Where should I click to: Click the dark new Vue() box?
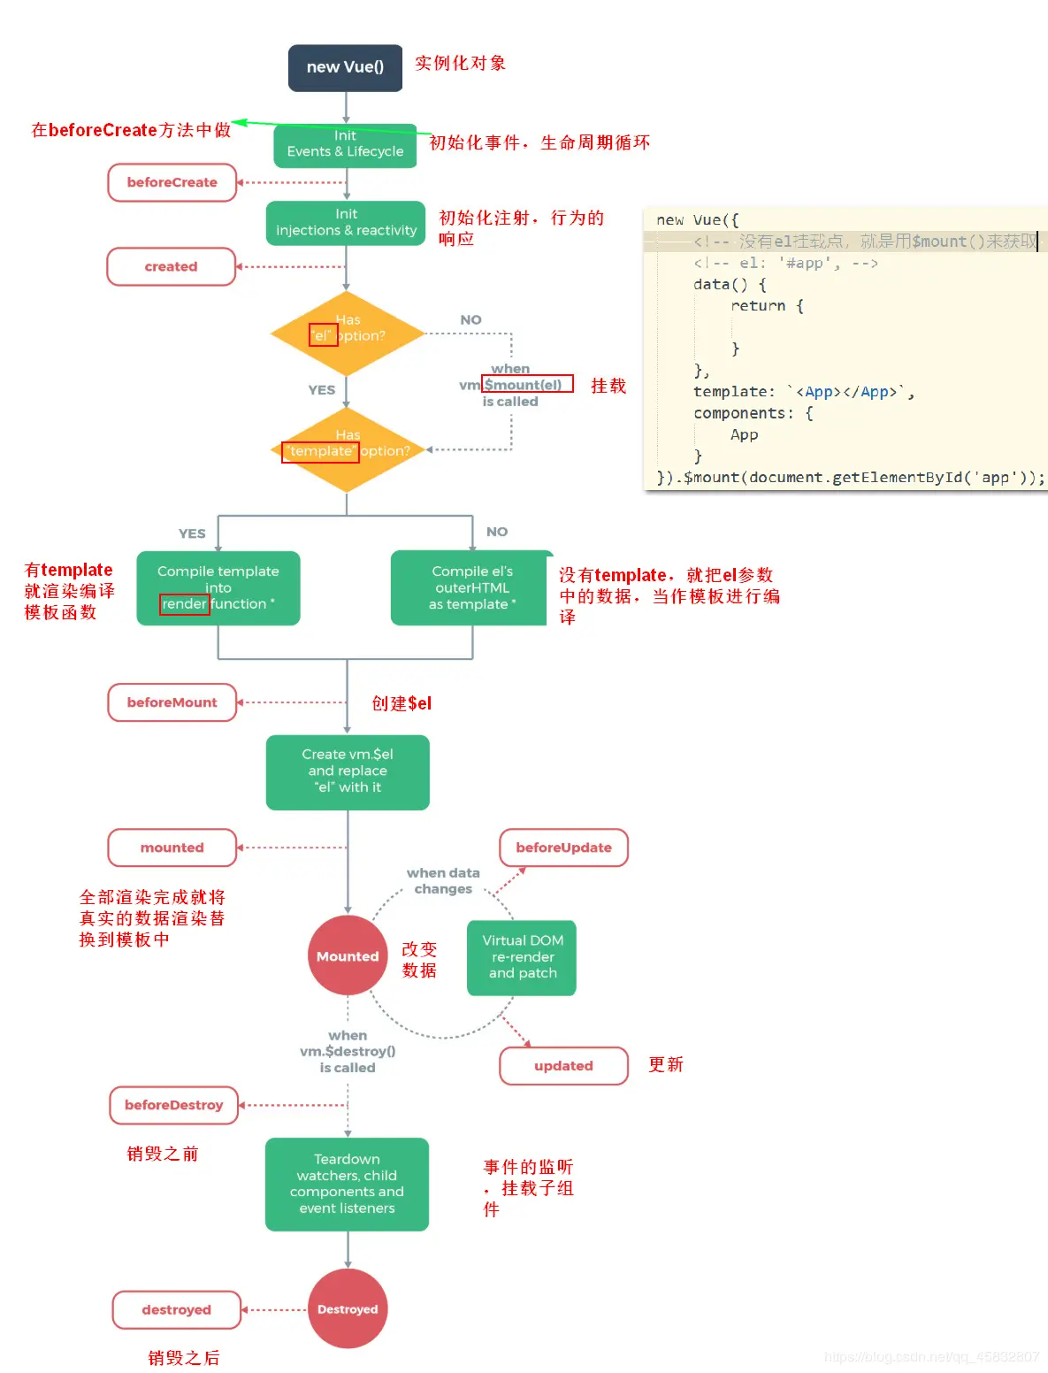345,68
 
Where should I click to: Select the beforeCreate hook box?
172,182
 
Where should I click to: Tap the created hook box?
172,266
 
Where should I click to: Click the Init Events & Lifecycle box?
345,145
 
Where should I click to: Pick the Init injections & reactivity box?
346,223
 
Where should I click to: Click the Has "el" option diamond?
347,334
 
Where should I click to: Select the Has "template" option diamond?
347,449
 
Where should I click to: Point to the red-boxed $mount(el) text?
527,384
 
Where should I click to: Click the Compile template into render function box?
218,588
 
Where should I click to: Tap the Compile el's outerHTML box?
471,588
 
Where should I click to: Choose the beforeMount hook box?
172,702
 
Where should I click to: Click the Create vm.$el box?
348,771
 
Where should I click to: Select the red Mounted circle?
348,955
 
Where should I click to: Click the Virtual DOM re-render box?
522,957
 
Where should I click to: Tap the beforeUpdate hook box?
563,848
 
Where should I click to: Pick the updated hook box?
563,1066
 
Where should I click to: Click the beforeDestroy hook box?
174,1105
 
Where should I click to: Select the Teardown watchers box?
347,1184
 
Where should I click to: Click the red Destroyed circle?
348,1308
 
